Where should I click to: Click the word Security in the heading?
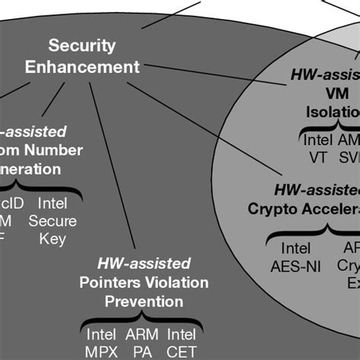click(x=82, y=46)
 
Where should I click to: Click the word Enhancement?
click(x=82, y=67)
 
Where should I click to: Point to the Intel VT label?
click(x=317, y=149)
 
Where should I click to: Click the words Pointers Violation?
click(x=144, y=283)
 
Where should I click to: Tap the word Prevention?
click(x=144, y=302)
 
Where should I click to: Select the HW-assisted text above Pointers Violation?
click(x=144, y=264)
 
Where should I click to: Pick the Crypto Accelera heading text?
click(x=304, y=207)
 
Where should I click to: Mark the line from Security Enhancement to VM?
click(x=213, y=76)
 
